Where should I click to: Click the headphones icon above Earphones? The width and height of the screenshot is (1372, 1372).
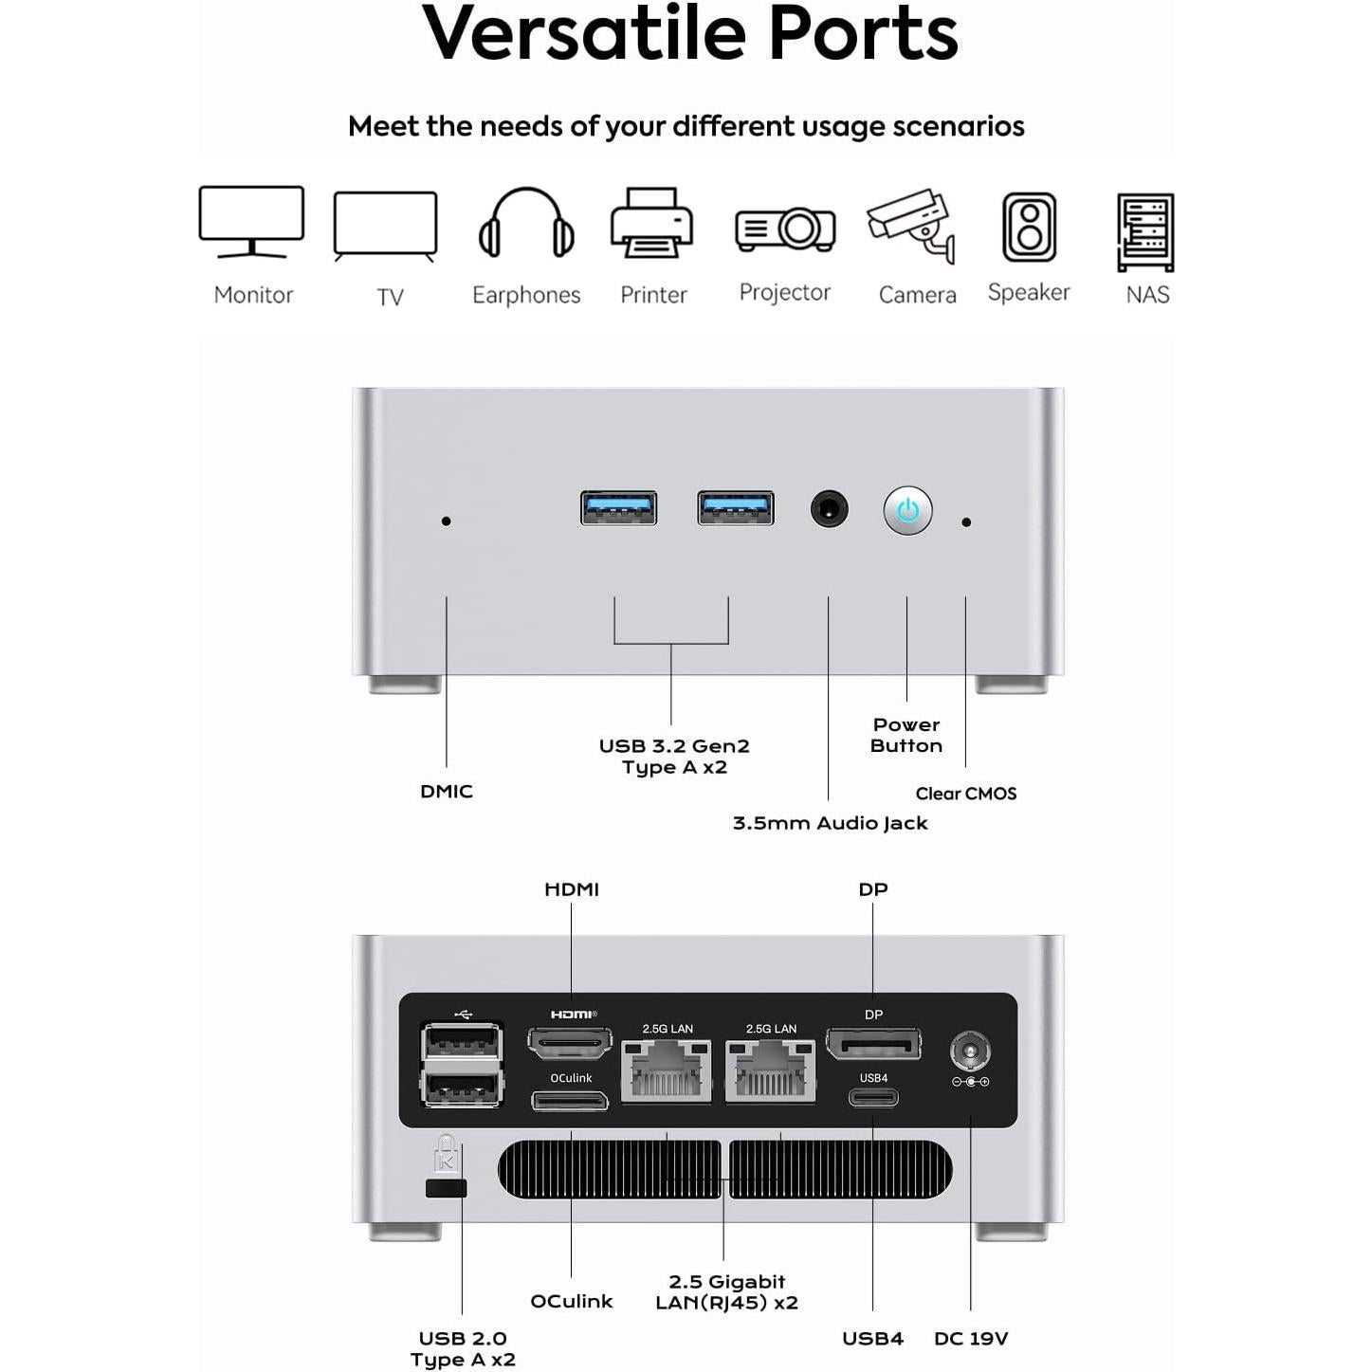pyautogui.click(x=526, y=224)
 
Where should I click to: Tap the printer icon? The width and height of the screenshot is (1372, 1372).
pyautogui.click(x=652, y=224)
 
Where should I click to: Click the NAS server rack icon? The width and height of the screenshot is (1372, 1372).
pyautogui.click(x=1145, y=231)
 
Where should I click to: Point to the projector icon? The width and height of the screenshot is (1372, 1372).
pyautogui.click(x=785, y=229)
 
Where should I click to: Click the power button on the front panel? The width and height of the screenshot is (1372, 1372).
pyautogui.click(x=907, y=511)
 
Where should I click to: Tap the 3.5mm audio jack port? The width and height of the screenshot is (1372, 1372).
pyautogui.click(x=829, y=509)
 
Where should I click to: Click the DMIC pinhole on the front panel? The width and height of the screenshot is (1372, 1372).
pyautogui.click(x=447, y=521)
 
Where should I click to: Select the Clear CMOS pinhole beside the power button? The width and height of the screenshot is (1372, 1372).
pyautogui.click(x=966, y=522)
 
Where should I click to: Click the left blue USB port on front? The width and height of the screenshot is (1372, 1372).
pyautogui.click(x=618, y=508)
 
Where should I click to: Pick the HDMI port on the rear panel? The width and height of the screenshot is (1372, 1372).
pyautogui.click(x=570, y=1044)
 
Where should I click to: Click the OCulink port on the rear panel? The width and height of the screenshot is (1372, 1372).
pyautogui.click(x=570, y=1101)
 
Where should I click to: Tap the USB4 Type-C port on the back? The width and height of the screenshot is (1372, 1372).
pyautogui.click(x=873, y=1098)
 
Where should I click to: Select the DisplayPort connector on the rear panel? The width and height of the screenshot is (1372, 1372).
pyautogui.click(x=873, y=1044)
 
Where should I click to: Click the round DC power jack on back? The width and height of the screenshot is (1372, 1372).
pyautogui.click(x=970, y=1052)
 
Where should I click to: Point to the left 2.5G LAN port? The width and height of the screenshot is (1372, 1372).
pyautogui.click(x=667, y=1070)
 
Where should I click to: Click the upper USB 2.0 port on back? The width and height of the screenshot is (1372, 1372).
pyautogui.click(x=462, y=1041)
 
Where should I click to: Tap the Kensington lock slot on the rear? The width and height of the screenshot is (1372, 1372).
pyautogui.click(x=446, y=1188)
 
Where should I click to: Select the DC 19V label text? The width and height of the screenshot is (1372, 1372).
pyautogui.click(x=971, y=1338)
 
